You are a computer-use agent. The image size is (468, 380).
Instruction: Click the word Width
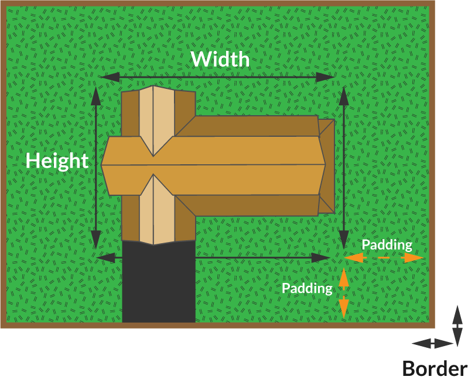tap(220, 59)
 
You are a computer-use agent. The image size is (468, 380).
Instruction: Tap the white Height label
tap(57, 161)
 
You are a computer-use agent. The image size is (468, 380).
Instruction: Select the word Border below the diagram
tap(435, 368)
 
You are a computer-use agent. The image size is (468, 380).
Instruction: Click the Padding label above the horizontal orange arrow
tap(387, 245)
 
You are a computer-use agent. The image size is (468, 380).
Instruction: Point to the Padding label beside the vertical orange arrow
tap(307, 288)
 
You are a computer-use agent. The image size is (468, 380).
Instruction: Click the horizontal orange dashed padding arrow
tap(384, 258)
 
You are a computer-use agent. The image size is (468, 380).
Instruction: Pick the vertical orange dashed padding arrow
tap(344, 293)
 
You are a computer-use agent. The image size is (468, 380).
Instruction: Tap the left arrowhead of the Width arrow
tap(111, 77)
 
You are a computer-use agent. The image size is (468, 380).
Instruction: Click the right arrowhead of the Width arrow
tap(325, 77)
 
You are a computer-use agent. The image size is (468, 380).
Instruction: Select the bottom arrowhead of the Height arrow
tap(96, 240)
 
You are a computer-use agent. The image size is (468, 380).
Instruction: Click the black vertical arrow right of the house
tap(344, 168)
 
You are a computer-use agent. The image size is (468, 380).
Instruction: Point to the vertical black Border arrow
tap(457, 326)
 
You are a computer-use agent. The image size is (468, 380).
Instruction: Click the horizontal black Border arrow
tap(433, 344)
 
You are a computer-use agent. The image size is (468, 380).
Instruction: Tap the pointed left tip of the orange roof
tap(101, 165)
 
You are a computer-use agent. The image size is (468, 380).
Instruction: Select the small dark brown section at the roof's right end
tap(327, 167)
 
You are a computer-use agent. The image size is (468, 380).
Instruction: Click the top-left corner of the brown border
tap(1, 1)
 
